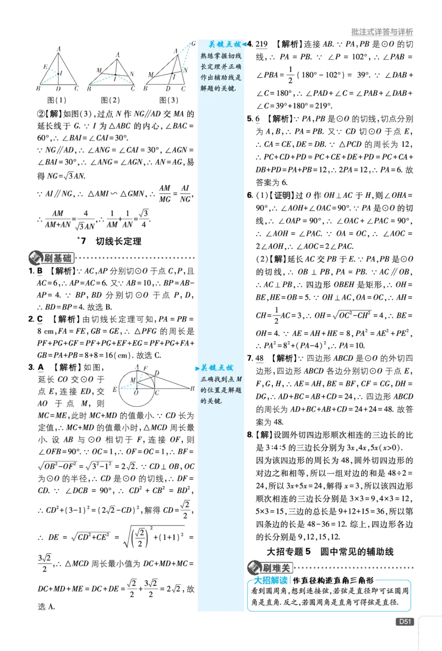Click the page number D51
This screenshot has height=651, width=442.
(x=404, y=622)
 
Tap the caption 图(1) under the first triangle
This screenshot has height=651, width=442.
(x=56, y=100)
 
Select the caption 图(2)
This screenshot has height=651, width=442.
(x=110, y=100)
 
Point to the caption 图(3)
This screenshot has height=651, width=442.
(x=169, y=100)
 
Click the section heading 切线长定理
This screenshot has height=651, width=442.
(x=119, y=241)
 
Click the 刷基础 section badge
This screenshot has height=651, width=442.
(x=51, y=258)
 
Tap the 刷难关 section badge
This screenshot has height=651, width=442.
(x=270, y=568)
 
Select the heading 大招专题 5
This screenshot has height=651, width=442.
(x=288, y=552)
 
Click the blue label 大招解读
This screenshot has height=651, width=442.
(x=271, y=580)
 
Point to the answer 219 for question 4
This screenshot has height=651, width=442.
(x=261, y=44)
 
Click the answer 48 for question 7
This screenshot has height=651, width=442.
(x=259, y=358)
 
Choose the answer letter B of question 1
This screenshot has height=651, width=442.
(x=40, y=271)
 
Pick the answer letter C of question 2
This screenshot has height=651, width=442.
(x=40, y=319)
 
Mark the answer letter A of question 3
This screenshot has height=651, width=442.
(x=41, y=368)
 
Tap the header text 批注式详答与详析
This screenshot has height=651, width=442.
(x=382, y=32)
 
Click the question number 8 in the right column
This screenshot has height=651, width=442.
(x=250, y=435)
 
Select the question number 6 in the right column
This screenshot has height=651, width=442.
(x=249, y=195)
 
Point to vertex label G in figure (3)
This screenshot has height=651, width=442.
(x=193, y=44)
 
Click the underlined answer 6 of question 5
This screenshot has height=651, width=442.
(x=257, y=119)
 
